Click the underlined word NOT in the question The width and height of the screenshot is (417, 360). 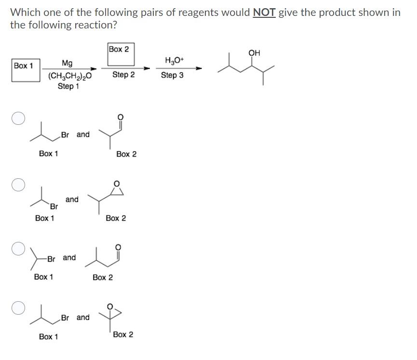tap(264, 13)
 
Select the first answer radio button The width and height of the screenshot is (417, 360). tap(18, 119)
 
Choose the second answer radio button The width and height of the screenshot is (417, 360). tap(18, 185)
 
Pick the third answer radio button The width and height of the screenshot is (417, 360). tap(18, 248)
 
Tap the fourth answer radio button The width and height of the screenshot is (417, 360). tap(18, 307)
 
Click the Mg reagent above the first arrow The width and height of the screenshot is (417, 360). tap(67, 63)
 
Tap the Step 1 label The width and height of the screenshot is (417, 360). tap(68, 86)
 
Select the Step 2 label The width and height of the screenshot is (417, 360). tap(123, 75)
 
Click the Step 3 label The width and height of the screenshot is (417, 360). tap(172, 75)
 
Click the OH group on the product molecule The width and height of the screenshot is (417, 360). tap(254, 53)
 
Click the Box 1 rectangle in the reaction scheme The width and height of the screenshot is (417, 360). tap(26, 70)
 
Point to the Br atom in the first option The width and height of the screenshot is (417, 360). tap(66, 135)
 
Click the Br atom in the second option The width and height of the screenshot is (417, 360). tap(54, 207)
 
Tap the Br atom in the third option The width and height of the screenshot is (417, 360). tap(52, 258)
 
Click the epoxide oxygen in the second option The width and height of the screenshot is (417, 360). tap(116, 183)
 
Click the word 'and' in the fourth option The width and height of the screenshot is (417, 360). tap(83, 317)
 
